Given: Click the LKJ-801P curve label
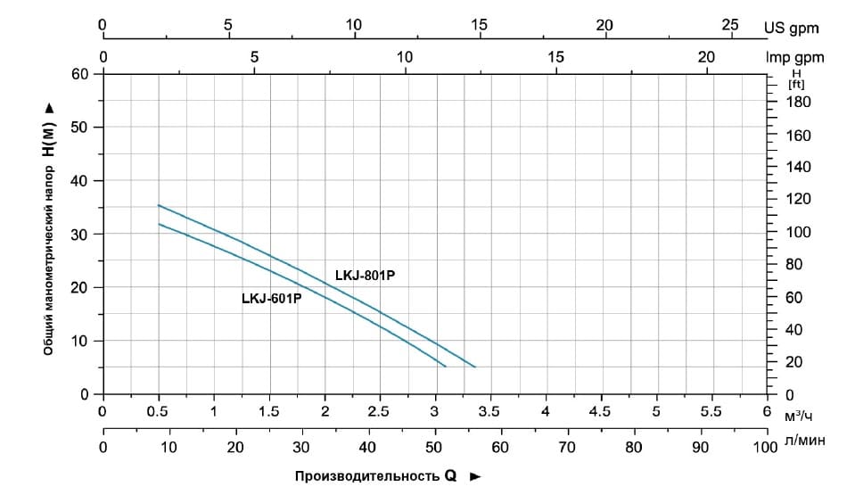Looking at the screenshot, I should (365, 276).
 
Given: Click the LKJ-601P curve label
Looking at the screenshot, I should (271, 299).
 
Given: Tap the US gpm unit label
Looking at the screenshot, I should (791, 28).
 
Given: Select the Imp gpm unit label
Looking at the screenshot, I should (793, 57).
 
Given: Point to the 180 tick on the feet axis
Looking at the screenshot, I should (799, 102).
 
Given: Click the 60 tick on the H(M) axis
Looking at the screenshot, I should (79, 73).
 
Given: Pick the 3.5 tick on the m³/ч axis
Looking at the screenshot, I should (489, 411).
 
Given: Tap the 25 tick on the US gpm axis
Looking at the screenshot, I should (730, 25).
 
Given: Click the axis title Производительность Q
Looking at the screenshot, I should (376, 476).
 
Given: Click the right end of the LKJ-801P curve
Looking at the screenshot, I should (475, 367).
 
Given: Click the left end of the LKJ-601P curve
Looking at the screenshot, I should (159, 224).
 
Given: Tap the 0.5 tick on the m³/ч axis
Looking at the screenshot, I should (159, 411).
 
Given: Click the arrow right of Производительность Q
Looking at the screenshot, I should (475, 476).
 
